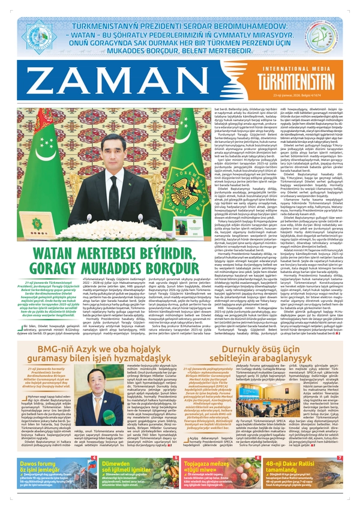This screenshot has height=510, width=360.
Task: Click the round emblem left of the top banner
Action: [38, 37]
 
